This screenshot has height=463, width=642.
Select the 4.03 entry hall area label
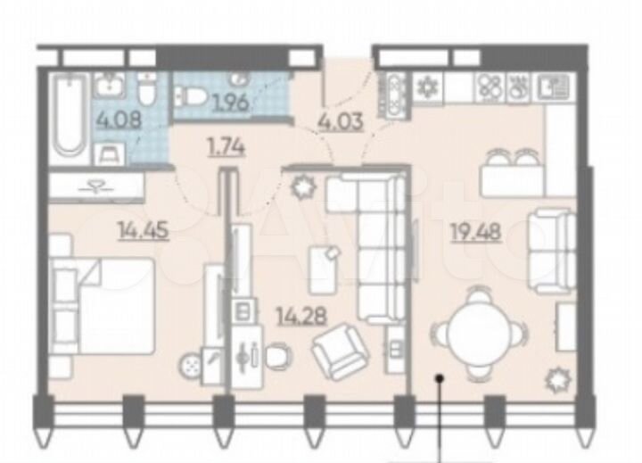coord(340,121)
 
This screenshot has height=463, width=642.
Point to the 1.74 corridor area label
coord(225,148)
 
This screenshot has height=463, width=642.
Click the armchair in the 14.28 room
coord(340,351)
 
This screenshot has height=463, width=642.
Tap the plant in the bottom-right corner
coord(559,379)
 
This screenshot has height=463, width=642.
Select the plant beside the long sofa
coord(304,187)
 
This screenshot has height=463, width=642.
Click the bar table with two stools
coord(513,174)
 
